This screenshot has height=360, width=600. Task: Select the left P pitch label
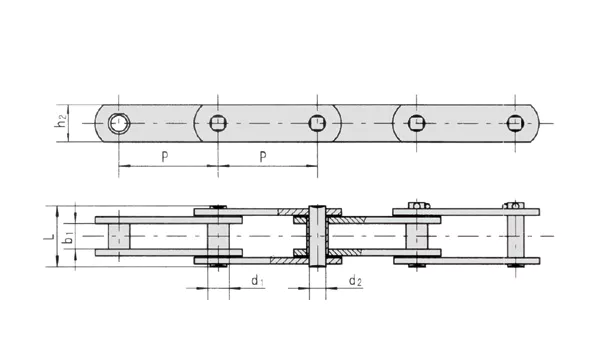click(163, 157)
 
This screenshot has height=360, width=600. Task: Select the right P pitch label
click(263, 157)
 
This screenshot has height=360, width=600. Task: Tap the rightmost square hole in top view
click(514, 123)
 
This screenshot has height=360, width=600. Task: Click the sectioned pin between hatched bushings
click(318, 237)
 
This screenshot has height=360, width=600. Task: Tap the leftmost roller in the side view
click(118, 237)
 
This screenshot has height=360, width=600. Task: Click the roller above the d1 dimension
click(218, 237)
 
